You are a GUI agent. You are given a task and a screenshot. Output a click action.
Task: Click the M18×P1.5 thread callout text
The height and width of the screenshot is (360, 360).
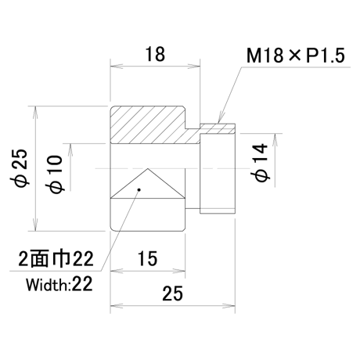pyautogui.click(x=296, y=56)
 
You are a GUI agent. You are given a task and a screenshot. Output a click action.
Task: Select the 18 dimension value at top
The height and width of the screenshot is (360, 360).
pyautogui.click(x=155, y=54)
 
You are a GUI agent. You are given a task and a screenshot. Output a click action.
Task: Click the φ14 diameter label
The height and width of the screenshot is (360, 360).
pyautogui.click(x=260, y=162)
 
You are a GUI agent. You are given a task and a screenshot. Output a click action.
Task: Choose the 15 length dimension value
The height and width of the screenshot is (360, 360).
pyautogui.click(x=147, y=258)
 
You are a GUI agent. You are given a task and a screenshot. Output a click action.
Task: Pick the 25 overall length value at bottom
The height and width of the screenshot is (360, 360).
pyautogui.click(x=172, y=293)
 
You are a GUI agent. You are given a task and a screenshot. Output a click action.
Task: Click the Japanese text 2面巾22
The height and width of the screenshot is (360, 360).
pyautogui.click(x=56, y=259)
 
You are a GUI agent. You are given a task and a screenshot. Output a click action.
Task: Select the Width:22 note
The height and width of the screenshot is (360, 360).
pyautogui.click(x=59, y=284)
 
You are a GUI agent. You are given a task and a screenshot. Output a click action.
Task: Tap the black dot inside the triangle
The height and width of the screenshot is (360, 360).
pyautogui.click(x=139, y=189)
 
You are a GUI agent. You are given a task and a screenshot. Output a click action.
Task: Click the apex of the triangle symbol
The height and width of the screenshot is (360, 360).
pyautogui.click(x=148, y=168)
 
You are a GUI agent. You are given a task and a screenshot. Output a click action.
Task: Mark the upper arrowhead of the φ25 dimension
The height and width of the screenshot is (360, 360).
pyautogui.click(x=35, y=112)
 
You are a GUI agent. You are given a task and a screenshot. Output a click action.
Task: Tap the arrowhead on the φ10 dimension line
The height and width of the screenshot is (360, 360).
pyautogui.click(x=70, y=149)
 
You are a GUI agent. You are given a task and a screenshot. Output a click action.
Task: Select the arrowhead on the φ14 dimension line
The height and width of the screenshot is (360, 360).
pyautogui.click(x=275, y=139)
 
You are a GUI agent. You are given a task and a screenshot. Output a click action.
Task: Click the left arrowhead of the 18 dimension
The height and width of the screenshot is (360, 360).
pyautogui.click(x=117, y=67)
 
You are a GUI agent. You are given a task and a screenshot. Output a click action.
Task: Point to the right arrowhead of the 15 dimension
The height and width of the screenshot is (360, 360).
pyautogui.click(x=179, y=271)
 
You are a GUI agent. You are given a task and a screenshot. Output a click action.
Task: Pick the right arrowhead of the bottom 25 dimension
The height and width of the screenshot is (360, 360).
pyautogui.click(x=229, y=306)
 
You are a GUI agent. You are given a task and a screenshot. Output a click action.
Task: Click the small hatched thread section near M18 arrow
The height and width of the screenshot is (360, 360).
pyautogui.click(x=218, y=129)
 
